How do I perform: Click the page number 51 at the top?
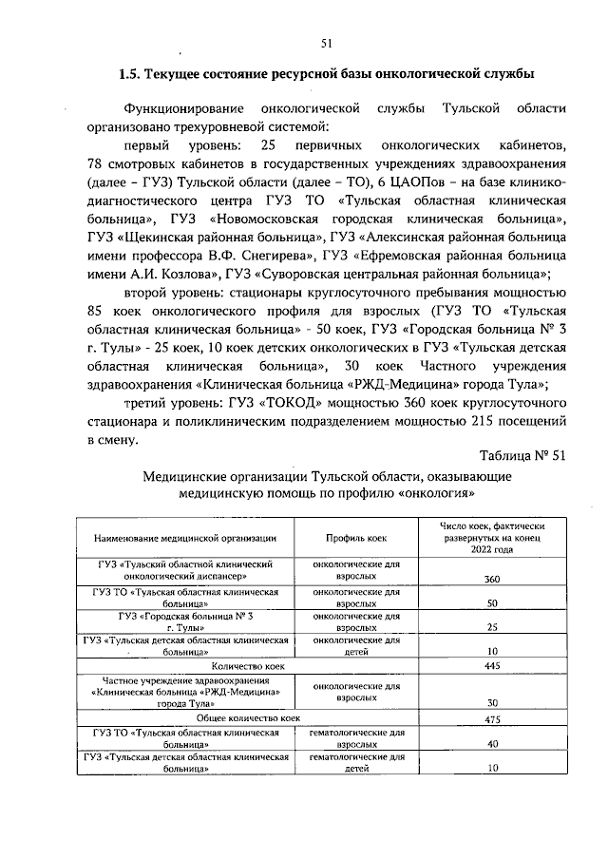pyautogui.click(x=326, y=42)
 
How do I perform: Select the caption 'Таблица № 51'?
pyautogui.click(x=522, y=454)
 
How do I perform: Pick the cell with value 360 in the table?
pyautogui.click(x=492, y=580)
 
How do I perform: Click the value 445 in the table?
pyautogui.click(x=492, y=666)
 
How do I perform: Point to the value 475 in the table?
pyautogui.click(x=492, y=720)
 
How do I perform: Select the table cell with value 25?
pyautogui.click(x=492, y=627)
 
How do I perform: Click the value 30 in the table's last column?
pyautogui.click(x=492, y=702)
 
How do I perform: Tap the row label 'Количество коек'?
pyautogui.click(x=248, y=666)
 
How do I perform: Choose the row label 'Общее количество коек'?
pyautogui.click(x=248, y=720)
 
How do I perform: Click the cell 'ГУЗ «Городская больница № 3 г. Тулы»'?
pyautogui.click(x=184, y=621)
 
